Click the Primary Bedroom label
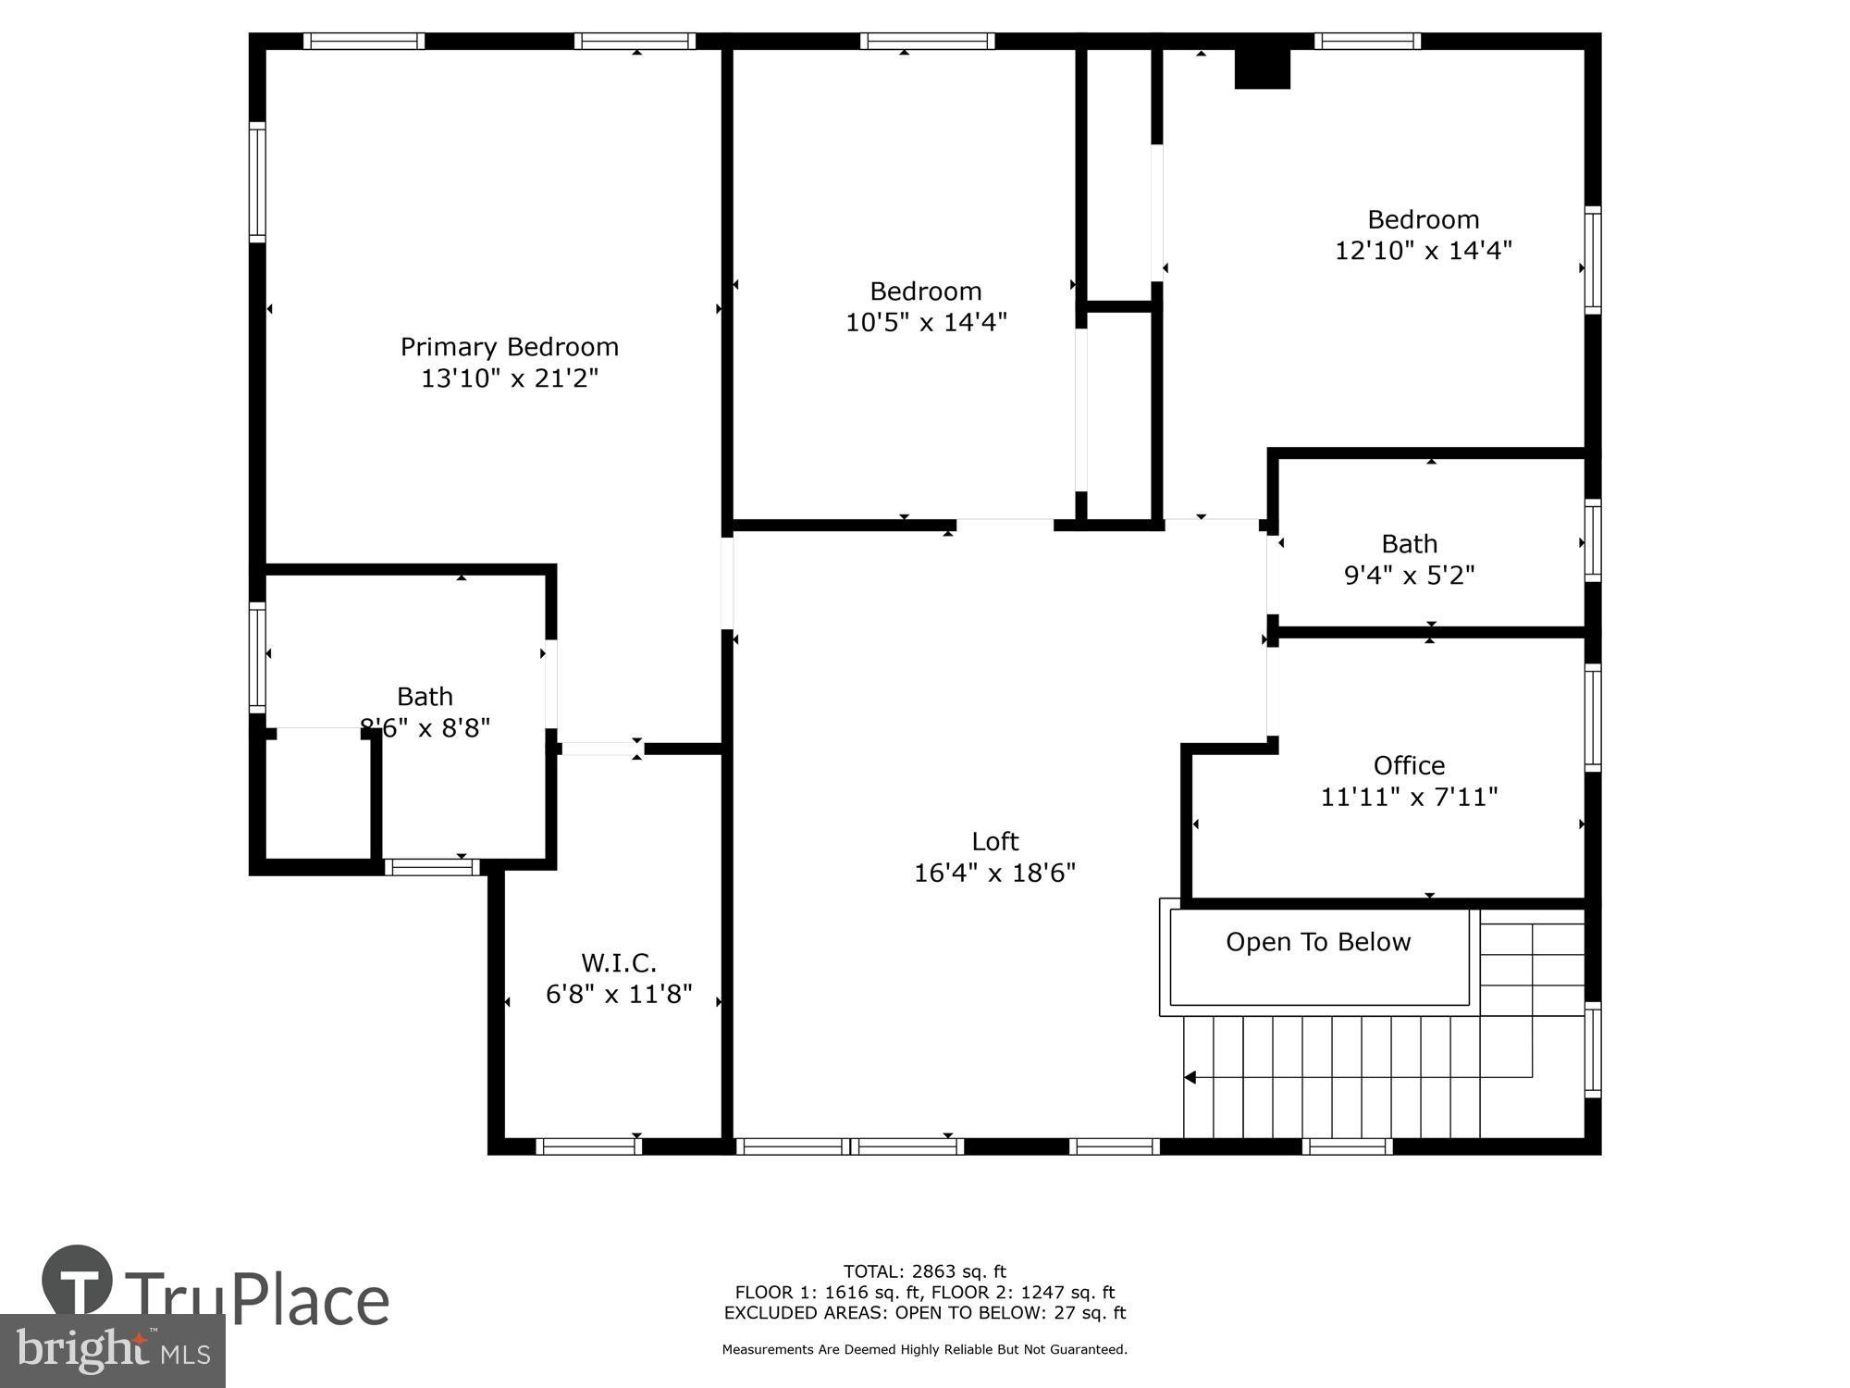509,347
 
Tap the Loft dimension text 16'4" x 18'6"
994,873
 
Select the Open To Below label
1318,942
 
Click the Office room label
1409,765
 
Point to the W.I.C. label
619,963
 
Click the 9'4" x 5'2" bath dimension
1409,575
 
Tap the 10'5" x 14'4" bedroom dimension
926,322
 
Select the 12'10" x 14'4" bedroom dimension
1423,250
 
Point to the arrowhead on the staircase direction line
1190,1077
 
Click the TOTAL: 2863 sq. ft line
924,1271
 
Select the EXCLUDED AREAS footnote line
924,1312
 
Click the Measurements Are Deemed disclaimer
924,1350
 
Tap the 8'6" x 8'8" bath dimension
425,728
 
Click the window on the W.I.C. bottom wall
588,1146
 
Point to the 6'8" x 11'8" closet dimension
619,995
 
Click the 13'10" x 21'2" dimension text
509,378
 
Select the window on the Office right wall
1593,717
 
